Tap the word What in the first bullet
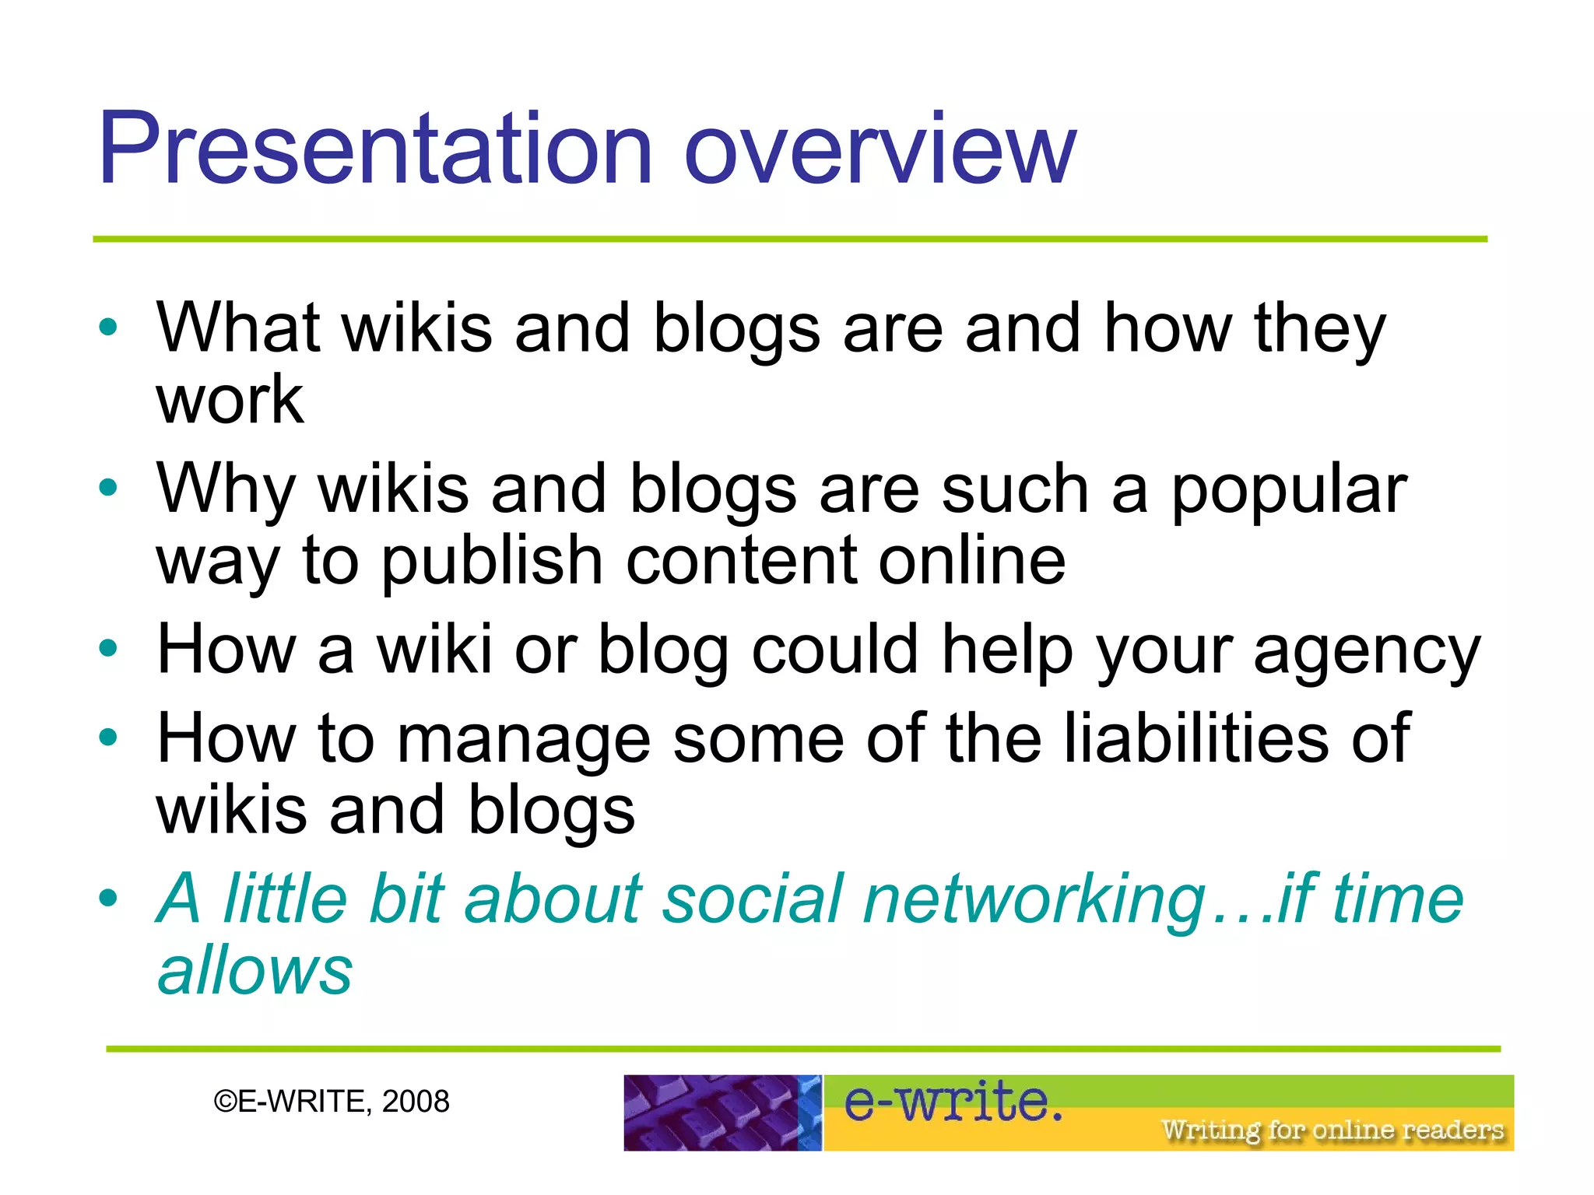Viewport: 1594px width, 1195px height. pyautogui.click(x=238, y=328)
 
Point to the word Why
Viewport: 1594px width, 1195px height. pyautogui.click(x=226, y=489)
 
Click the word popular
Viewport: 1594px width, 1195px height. pyautogui.click(x=1289, y=489)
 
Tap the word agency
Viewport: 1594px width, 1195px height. pyautogui.click(x=1367, y=650)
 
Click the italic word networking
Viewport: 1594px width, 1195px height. pyautogui.click(x=1035, y=899)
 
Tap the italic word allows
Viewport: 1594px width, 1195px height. pyautogui.click(x=255, y=970)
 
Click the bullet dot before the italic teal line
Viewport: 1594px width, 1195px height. pyautogui.click(x=108, y=898)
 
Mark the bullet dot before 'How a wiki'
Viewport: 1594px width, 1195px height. pyautogui.click(x=108, y=647)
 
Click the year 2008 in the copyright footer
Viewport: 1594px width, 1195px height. pyautogui.click(x=416, y=1102)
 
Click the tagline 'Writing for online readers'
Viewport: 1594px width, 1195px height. pyautogui.click(x=1332, y=1129)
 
